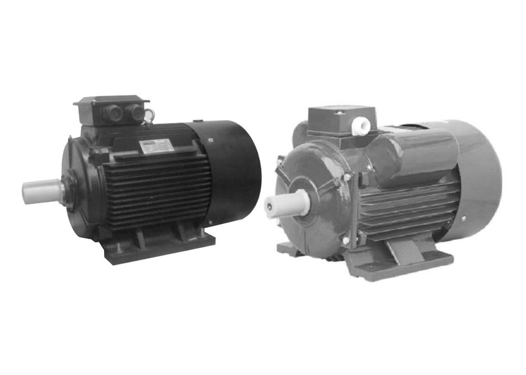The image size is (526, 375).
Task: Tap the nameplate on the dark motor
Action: [x=156, y=146]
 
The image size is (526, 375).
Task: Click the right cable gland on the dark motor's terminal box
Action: [x=136, y=112]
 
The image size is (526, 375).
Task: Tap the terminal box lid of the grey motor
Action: [x=341, y=111]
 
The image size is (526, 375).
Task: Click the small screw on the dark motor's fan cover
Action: [x=210, y=140]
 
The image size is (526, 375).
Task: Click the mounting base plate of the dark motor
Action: [x=158, y=250]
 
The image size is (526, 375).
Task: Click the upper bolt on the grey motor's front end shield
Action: [x=348, y=178]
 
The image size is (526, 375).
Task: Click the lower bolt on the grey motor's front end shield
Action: [x=346, y=241]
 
